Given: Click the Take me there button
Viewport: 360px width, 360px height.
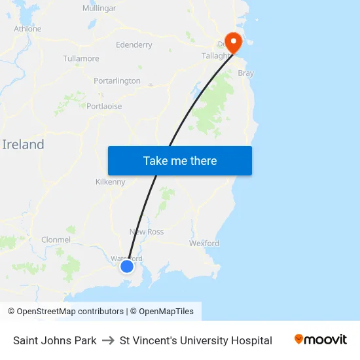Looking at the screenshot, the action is click(x=180, y=161).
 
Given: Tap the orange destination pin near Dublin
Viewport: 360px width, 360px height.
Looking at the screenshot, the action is click(x=233, y=42).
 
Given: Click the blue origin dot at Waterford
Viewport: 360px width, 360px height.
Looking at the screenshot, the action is click(x=127, y=266).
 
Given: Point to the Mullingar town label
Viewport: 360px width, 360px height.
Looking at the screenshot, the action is click(x=99, y=9).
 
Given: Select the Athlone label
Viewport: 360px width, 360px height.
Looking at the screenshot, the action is click(x=27, y=29).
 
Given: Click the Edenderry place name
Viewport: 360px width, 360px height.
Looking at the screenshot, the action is click(x=134, y=45).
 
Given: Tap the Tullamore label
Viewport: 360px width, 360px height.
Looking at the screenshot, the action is click(x=81, y=58).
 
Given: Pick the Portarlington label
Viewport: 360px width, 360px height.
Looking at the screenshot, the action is click(x=117, y=81).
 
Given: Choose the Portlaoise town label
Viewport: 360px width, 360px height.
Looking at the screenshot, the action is click(x=104, y=106).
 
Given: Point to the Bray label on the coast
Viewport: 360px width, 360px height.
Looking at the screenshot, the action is click(x=246, y=73).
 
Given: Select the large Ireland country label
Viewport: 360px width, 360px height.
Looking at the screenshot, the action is click(x=24, y=145).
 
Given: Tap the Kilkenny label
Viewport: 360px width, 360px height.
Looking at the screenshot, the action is click(x=110, y=182).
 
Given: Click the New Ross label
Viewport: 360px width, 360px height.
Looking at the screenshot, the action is click(x=147, y=232).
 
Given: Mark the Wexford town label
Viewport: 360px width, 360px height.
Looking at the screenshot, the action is click(x=204, y=243).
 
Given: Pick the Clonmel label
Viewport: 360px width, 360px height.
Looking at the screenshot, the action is click(x=56, y=240).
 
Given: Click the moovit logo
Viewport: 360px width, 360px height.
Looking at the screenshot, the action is click(x=321, y=339).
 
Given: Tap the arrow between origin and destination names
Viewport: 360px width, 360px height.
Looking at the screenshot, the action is click(x=108, y=340).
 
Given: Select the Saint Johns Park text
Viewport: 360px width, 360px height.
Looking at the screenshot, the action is click(x=55, y=340).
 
